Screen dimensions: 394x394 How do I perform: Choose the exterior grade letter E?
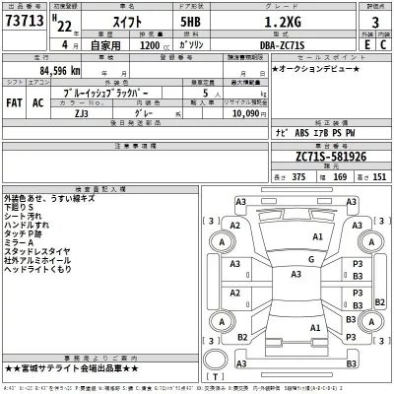(x=366, y=43)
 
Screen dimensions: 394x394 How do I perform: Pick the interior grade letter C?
(x=382, y=43)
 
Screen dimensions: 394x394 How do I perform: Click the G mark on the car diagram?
(x=310, y=258)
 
